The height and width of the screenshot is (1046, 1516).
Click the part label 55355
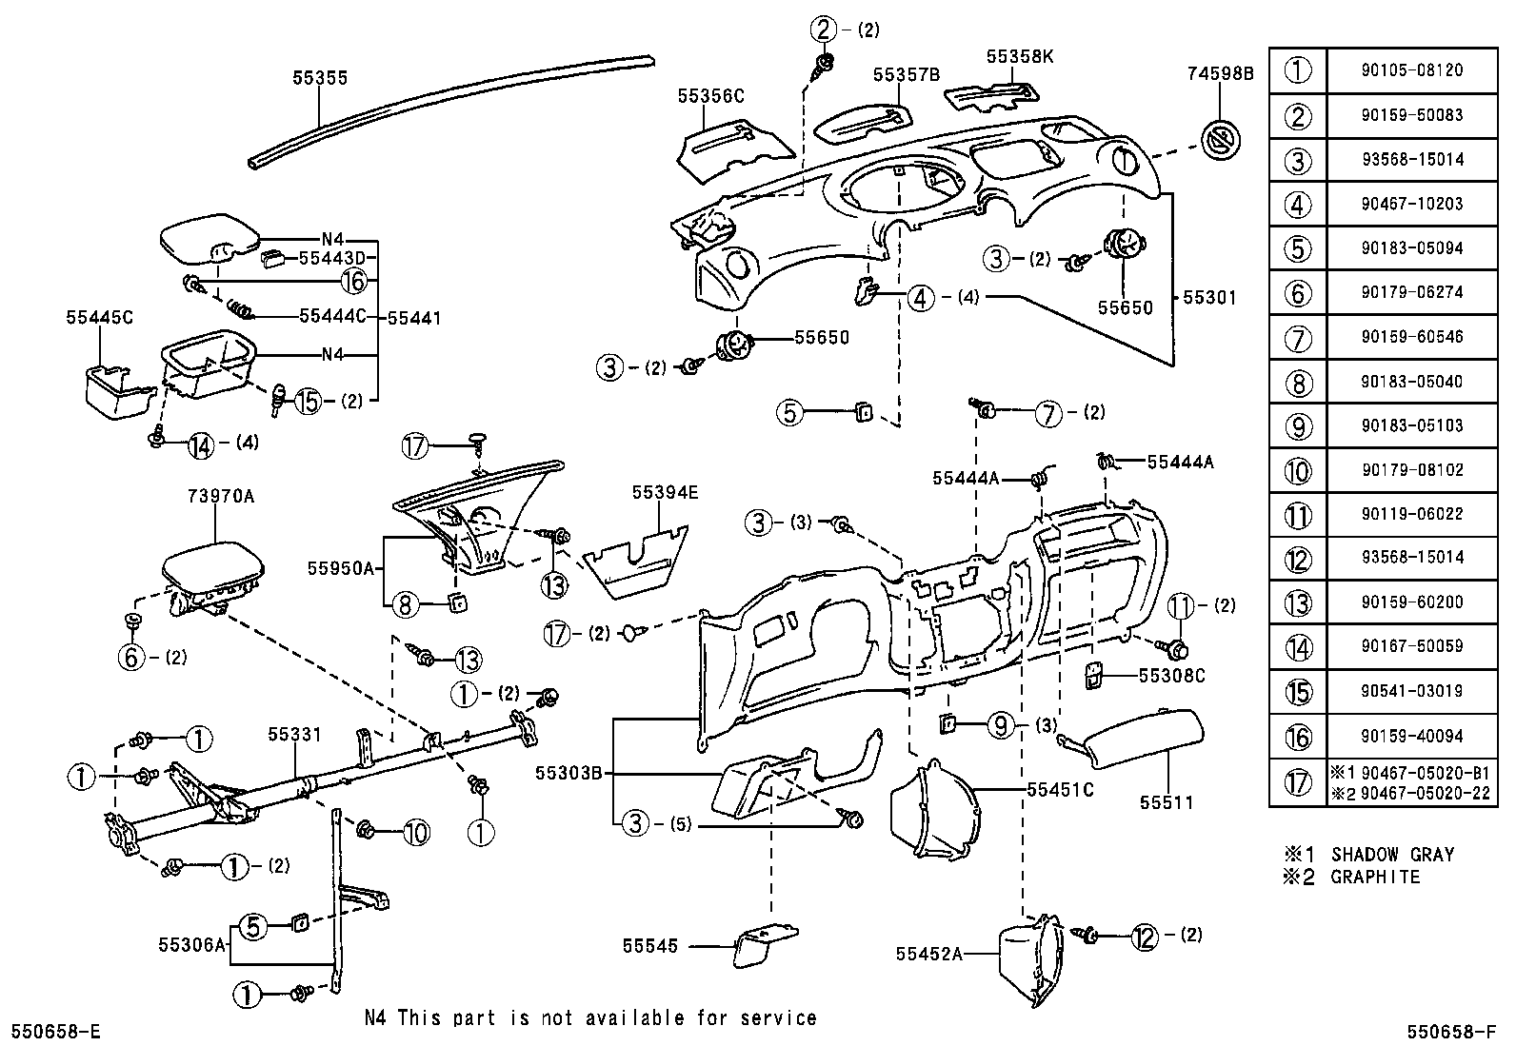320,78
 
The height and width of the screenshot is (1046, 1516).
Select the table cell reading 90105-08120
1411,70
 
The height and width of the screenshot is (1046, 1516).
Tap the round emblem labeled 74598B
1220,142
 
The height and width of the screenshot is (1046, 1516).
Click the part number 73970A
216,496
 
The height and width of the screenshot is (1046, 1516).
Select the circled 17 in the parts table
1297,782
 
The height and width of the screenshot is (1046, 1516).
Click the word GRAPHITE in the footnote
1374,877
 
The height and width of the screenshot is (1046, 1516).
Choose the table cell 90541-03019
1411,691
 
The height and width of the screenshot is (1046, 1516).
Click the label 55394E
665,492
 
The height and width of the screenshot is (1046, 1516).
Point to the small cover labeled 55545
765,947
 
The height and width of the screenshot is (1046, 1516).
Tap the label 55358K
1020,56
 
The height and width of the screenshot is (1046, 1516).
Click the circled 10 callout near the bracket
416,833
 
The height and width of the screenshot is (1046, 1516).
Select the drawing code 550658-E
55,1031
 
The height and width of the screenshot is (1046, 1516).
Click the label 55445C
100,317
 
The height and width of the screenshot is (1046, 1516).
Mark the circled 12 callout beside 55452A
1145,937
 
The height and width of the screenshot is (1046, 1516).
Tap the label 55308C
1172,675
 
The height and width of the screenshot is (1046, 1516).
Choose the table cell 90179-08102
1411,469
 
